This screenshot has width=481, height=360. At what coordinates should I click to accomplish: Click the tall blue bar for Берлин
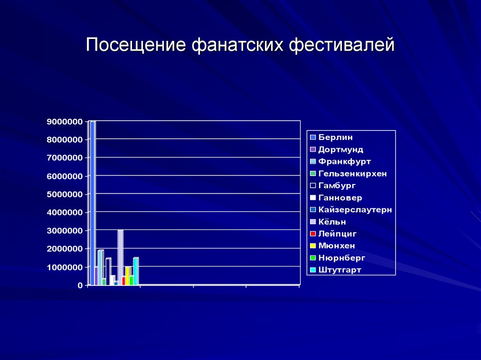pos(93,202)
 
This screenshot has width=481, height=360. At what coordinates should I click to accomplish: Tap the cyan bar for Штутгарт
pos(136,271)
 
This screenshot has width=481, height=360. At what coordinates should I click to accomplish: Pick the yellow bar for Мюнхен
pos(127,276)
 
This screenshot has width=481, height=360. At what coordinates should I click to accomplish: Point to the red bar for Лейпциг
pos(124,280)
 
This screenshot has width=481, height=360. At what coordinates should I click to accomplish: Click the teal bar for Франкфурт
pos(100,268)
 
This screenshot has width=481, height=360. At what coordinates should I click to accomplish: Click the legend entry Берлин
pos(335,138)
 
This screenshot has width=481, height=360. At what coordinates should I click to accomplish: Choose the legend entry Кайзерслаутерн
pos(355,210)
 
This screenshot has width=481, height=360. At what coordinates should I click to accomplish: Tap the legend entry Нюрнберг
pos(341,258)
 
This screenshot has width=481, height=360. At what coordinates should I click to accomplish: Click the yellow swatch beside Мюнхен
pos(313,246)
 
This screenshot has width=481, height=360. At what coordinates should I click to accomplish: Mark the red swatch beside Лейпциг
pos(313,234)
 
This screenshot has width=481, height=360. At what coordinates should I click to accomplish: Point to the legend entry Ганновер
pos(340,198)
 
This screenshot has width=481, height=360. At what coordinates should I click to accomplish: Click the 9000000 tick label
pos(64,122)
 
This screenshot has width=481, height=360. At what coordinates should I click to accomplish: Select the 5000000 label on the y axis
pos(64,194)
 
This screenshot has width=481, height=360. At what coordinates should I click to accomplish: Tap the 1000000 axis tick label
pos(64,267)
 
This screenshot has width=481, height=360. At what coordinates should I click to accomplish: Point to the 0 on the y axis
pos(80,285)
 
